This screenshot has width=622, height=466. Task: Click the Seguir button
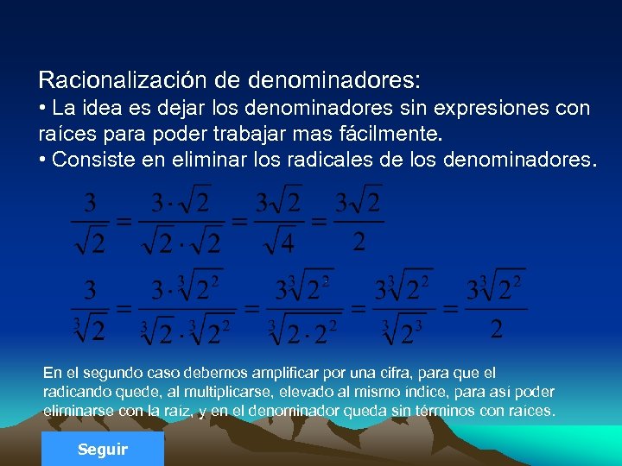coord(102,450)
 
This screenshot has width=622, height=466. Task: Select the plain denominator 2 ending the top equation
coord(359,241)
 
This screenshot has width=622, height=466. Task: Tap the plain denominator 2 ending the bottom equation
coord(497,328)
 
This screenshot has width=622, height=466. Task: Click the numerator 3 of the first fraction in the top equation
coord(90,205)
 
